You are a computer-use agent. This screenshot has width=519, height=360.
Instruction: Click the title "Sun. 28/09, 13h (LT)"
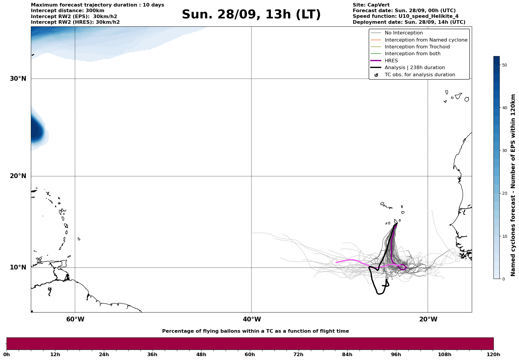(251, 15)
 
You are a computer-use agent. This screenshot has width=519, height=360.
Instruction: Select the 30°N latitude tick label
(18, 79)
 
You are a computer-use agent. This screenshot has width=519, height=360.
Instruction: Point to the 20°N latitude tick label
(18, 176)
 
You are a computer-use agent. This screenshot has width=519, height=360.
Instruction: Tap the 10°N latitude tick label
(18, 267)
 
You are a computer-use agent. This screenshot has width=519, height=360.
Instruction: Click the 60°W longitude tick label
(75, 319)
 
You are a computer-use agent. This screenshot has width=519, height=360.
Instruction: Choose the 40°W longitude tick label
(251, 319)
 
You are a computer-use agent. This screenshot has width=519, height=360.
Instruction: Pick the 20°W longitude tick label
(428, 319)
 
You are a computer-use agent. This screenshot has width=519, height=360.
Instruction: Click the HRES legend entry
(391, 61)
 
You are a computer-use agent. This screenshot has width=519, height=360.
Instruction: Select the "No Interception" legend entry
(404, 33)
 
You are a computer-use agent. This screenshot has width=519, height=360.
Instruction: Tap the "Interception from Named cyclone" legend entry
(426, 40)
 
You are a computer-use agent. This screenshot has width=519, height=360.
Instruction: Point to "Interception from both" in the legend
(412, 54)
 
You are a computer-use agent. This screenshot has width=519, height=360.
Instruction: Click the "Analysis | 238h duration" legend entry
(414, 68)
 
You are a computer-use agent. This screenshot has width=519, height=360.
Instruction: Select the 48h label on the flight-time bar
(201, 355)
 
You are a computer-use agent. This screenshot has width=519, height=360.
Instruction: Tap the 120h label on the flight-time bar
(493, 355)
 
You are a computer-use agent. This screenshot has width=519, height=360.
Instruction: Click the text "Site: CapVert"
(371, 5)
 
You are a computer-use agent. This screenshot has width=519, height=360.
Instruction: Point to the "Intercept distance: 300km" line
(67, 11)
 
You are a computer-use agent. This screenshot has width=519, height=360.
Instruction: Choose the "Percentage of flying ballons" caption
(255, 331)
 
